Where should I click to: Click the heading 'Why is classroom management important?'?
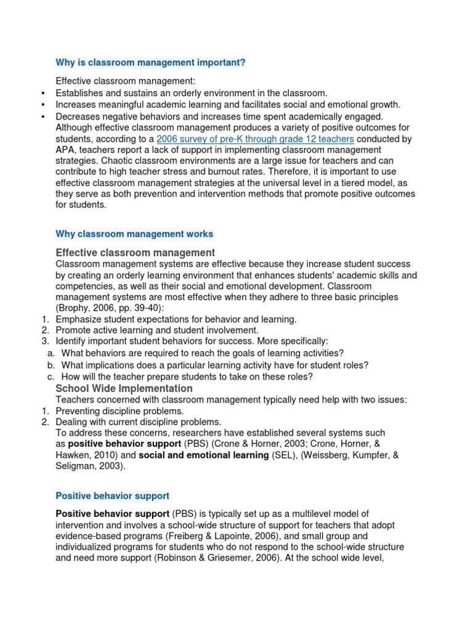(x=150, y=62)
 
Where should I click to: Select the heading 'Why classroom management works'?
(x=134, y=234)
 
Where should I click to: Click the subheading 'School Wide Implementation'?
(x=124, y=388)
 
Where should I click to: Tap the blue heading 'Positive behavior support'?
(x=112, y=495)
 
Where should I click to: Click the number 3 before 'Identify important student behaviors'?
(x=44, y=341)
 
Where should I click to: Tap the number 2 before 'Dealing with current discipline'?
(x=44, y=422)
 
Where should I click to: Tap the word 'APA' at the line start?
(x=66, y=150)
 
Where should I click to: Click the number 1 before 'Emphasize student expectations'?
(x=44, y=319)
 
